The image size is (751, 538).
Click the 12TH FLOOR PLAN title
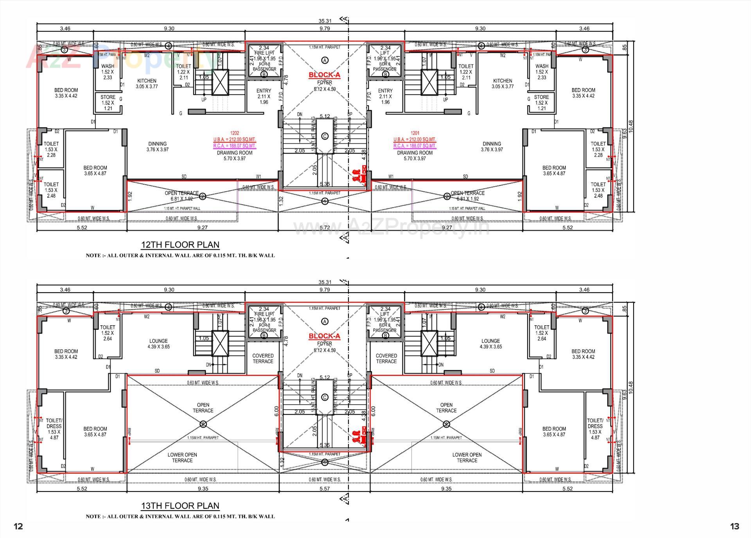tap(180, 245)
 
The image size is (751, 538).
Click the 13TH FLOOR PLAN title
tap(180, 506)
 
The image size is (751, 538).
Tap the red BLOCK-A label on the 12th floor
tap(324, 75)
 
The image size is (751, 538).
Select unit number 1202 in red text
tap(234, 133)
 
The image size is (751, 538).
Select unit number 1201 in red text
tap(415, 133)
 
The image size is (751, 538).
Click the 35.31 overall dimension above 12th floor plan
tap(325, 21)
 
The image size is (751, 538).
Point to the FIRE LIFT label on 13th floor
tap(264, 314)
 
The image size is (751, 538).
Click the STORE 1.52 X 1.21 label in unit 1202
tap(108, 103)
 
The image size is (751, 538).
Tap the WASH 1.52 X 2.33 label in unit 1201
tap(542, 72)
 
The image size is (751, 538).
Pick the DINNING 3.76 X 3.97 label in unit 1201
tap(492, 146)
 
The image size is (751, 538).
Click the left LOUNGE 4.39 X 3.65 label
tap(158, 344)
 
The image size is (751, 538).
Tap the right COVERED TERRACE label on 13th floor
tap(386, 358)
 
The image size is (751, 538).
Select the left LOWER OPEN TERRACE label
tap(182, 457)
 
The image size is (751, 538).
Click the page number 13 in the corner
tap(735, 526)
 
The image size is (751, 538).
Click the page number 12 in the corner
tap(18, 526)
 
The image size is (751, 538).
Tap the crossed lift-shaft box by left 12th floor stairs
tap(220, 82)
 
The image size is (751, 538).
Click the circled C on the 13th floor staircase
tap(325, 398)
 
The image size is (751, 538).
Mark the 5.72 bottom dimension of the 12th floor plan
tap(325, 227)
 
